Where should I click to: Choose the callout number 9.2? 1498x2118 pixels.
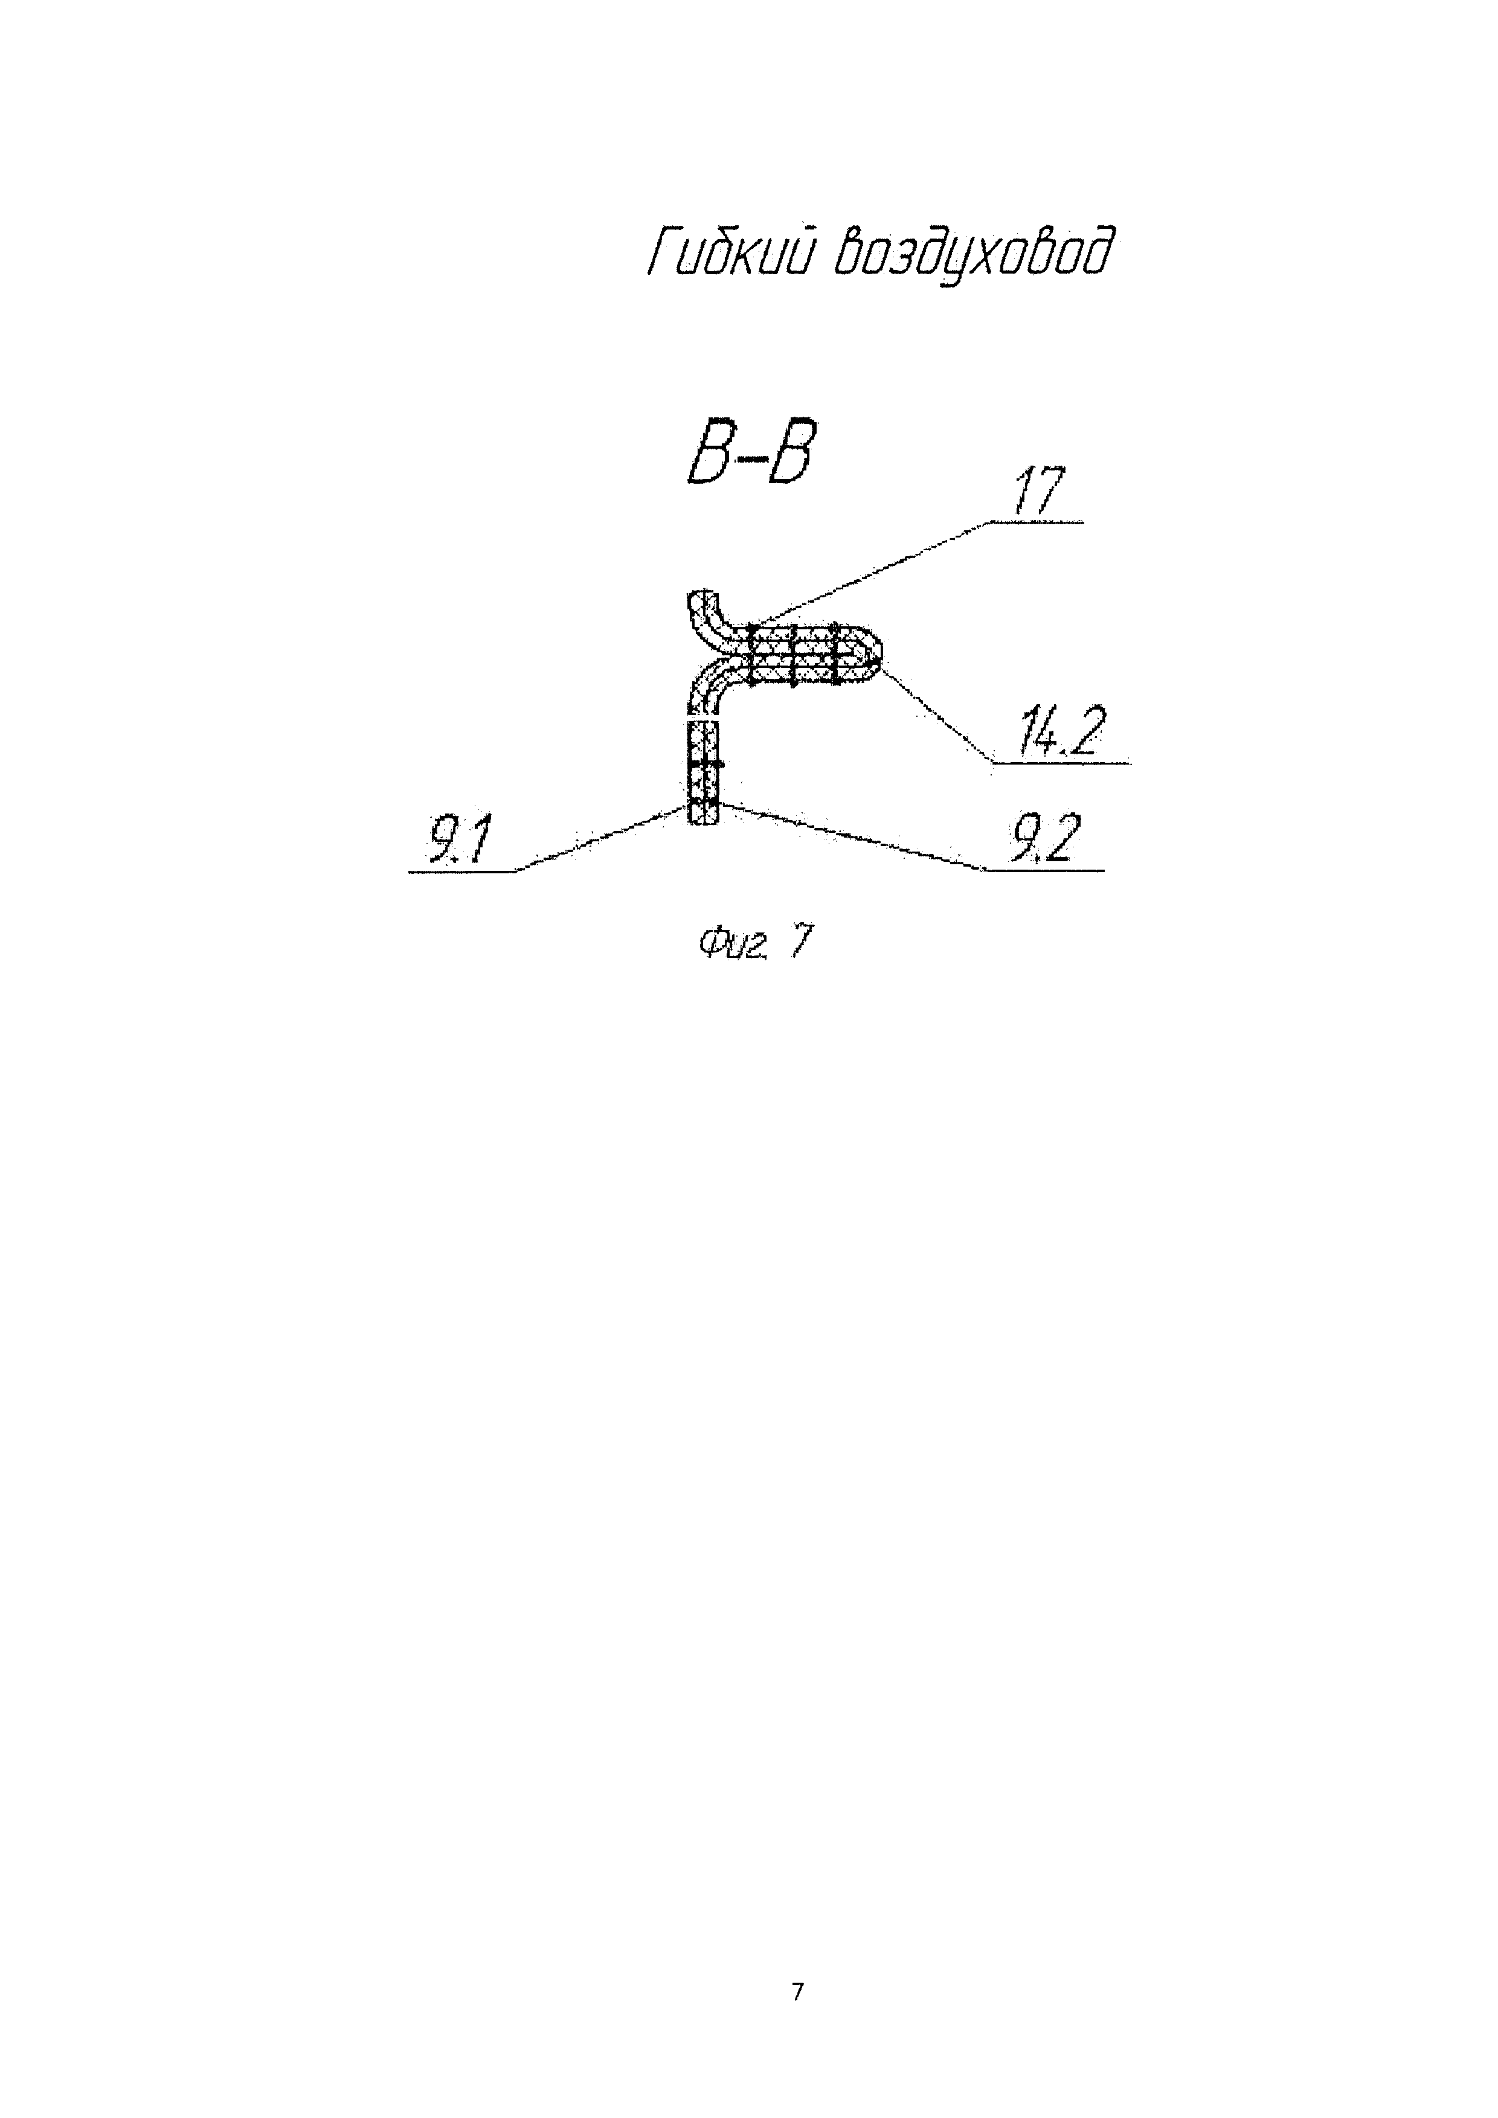click(x=1043, y=840)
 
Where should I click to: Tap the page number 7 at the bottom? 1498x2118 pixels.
click(x=797, y=1992)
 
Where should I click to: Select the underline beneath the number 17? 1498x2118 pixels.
click(x=1038, y=523)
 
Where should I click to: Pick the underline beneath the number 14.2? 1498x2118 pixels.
click(x=1061, y=763)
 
